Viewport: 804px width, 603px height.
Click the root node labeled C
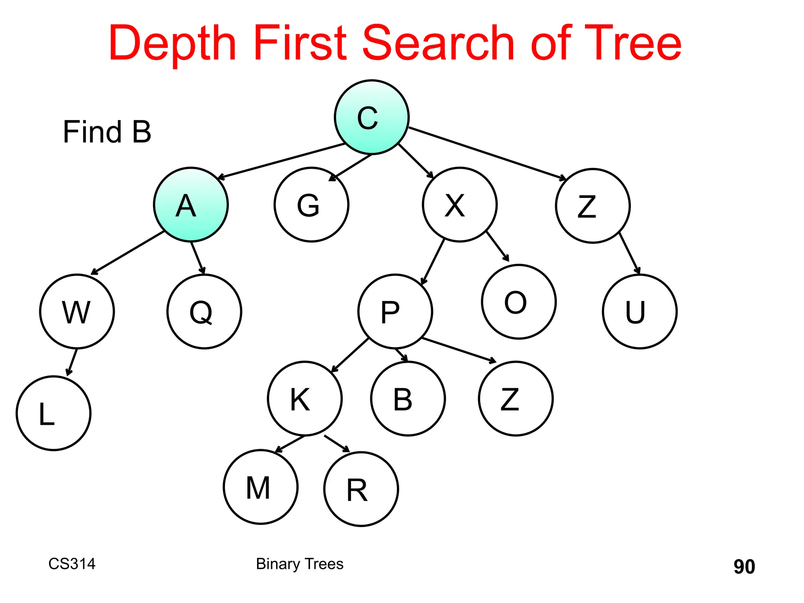pos(371,117)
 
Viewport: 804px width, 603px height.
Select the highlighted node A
pos(191,205)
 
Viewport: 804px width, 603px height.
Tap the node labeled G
pos(311,205)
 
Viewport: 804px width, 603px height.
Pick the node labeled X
pos(460,205)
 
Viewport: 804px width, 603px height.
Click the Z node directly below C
pos(593,206)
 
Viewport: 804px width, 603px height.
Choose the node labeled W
pos(77,311)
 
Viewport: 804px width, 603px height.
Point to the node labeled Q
pos(204,311)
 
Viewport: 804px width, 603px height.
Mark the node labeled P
pos(395,311)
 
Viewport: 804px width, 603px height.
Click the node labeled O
pos(519,301)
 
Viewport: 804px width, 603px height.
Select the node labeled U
pos(640,311)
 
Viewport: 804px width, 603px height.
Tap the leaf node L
pos(53,413)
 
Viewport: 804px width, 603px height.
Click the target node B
pos(408,398)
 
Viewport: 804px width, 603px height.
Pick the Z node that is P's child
pos(515,398)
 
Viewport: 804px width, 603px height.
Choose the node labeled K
pos(305,398)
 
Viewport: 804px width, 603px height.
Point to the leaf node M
pos(260,487)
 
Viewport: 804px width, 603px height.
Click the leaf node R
pos(361,489)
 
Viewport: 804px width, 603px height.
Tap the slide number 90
pos(744,566)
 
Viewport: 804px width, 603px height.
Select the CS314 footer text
pos(72,564)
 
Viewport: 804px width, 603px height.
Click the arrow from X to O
pos(497,246)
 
